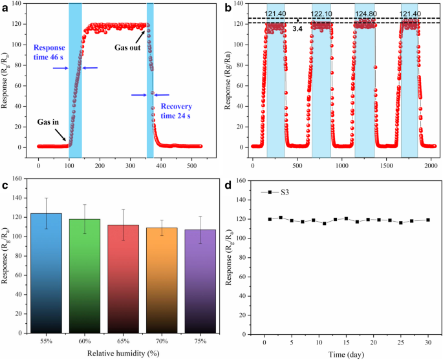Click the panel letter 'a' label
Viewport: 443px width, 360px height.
tap(6, 8)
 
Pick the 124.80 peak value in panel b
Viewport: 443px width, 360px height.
tap(365, 14)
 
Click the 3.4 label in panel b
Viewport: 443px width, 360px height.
tap(298, 28)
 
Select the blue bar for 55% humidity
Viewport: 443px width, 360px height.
tap(45, 271)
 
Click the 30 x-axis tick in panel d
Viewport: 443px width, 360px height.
tap(427, 341)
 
